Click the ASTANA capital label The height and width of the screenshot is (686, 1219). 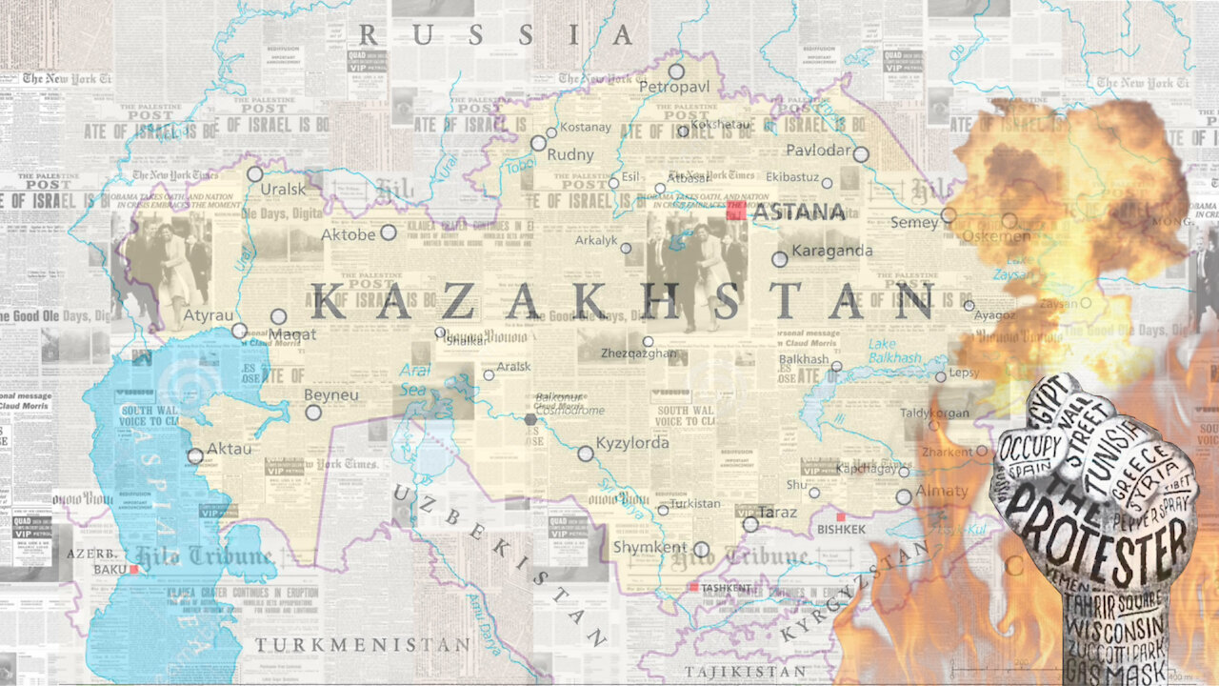[798, 212]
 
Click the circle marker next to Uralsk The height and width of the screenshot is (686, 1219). [255, 174]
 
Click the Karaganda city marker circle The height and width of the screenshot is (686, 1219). [779, 258]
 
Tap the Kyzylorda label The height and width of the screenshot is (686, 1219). [632, 443]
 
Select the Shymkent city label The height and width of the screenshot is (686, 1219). [649, 547]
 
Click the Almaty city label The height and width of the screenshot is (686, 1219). [942, 492]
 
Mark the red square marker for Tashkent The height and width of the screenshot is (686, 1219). [695, 587]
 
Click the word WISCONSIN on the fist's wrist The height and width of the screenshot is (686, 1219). [1115, 628]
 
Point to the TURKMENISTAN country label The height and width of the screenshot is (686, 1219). [362, 645]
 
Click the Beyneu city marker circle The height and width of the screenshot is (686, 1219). [313, 413]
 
